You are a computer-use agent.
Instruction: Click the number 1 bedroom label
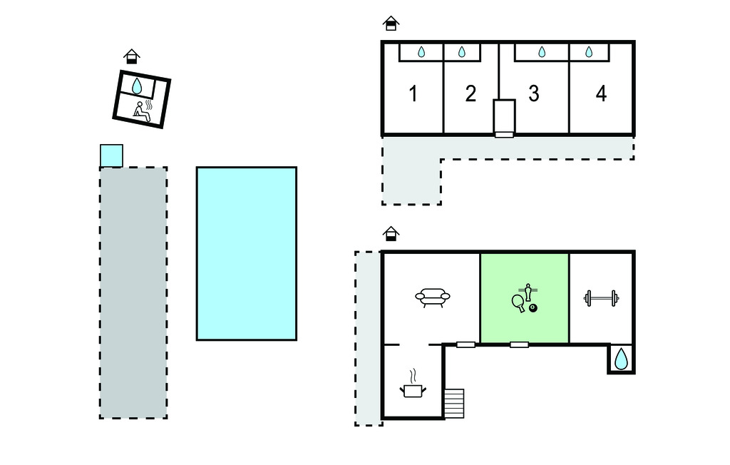click(413, 93)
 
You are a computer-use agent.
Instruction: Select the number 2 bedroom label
click(471, 93)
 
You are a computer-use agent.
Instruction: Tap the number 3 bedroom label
click(534, 93)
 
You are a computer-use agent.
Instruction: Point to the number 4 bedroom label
click(601, 93)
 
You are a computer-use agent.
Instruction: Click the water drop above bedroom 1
click(421, 52)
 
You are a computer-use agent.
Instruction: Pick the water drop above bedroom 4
click(589, 52)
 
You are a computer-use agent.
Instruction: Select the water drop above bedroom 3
click(542, 52)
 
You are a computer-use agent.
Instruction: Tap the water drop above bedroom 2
click(462, 52)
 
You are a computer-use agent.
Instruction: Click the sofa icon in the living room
click(433, 297)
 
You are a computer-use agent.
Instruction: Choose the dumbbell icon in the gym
click(601, 298)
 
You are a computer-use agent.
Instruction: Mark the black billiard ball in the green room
click(533, 308)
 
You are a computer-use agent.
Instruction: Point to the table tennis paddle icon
click(518, 303)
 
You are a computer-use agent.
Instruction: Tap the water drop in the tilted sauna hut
click(136, 86)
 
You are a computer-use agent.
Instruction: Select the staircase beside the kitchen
click(454, 404)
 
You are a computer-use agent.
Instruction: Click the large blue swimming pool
click(246, 253)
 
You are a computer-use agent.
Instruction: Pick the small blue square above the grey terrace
click(112, 155)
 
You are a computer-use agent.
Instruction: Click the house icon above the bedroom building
click(391, 24)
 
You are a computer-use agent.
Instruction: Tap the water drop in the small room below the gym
click(621, 359)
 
